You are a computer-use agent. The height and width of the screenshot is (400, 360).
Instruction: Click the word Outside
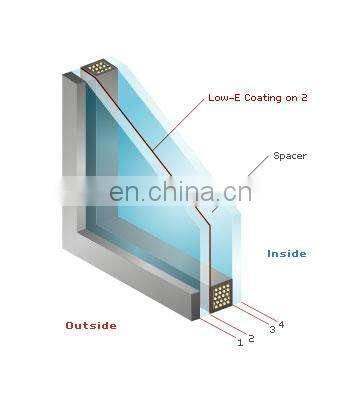(91, 325)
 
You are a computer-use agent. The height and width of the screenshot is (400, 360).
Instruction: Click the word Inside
(287, 253)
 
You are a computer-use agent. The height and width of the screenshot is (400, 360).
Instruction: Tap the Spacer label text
(291, 157)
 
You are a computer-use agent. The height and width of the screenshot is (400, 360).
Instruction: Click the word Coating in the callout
(265, 99)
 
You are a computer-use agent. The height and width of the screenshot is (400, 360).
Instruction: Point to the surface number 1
(240, 342)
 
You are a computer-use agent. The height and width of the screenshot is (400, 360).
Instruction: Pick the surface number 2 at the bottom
(251, 338)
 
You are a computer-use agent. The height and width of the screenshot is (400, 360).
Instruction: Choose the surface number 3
(272, 329)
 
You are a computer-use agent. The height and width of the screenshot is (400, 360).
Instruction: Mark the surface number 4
(281, 324)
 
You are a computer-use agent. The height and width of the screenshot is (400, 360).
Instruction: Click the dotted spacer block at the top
(99, 68)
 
